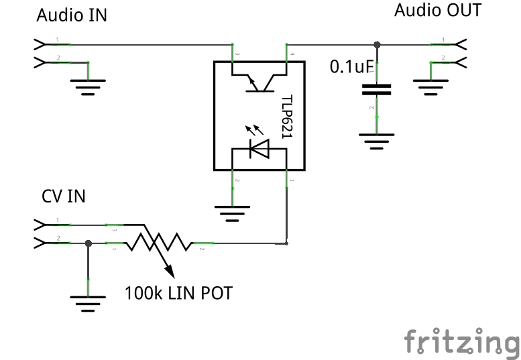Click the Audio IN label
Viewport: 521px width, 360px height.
coord(71,15)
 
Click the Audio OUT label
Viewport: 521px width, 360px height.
coord(437,11)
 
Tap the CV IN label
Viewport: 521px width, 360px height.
coord(64,196)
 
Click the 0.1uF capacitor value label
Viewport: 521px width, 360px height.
coord(351,67)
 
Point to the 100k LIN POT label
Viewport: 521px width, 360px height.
coord(178,293)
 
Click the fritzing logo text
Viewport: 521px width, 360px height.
coord(461,342)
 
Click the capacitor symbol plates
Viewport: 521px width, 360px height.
coord(377,90)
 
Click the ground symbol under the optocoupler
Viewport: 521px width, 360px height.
coord(232,213)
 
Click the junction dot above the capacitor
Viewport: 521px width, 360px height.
coord(377,45)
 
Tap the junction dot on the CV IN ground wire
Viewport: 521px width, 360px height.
coord(88,243)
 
